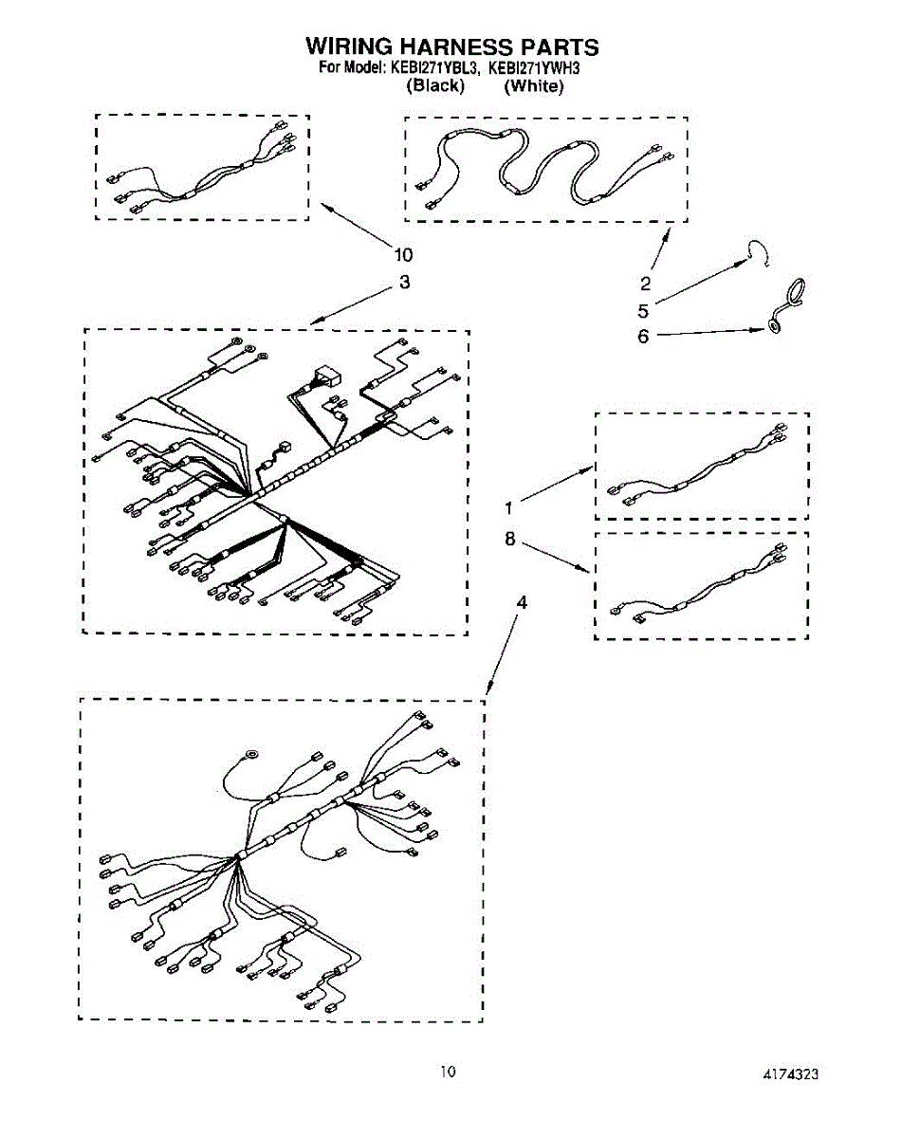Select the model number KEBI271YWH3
click(x=533, y=67)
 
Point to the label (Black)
click(x=435, y=85)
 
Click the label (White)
click(x=534, y=85)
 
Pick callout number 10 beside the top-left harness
click(x=404, y=254)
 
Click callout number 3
click(x=405, y=282)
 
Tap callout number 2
click(x=645, y=283)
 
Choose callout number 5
click(x=643, y=310)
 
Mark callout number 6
click(x=643, y=336)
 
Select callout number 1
click(x=509, y=507)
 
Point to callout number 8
click(x=509, y=539)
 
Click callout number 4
click(x=521, y=602)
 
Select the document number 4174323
click(x=790, y=1074)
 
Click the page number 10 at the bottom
click(x=448, y=1072)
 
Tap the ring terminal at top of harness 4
click(x=251, y=755)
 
